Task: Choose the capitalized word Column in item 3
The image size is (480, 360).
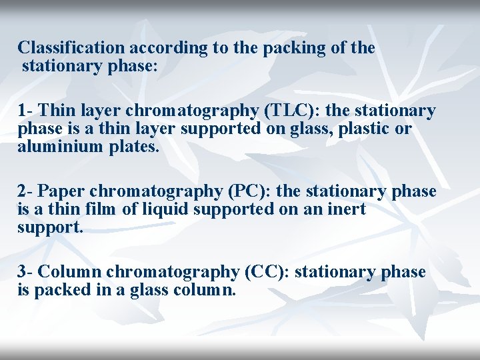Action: (x=69, y=272)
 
